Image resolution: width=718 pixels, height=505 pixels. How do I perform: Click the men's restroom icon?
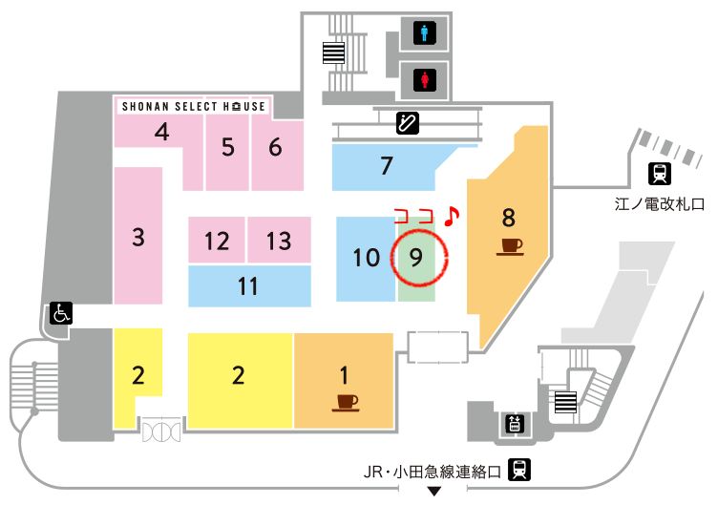pyautogui.click(x=425, y=34)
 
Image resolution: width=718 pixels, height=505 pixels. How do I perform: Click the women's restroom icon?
pyautogui.click(x=425, y=78)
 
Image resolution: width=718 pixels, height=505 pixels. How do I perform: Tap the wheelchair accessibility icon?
pyautogui.click(x=60, y=313)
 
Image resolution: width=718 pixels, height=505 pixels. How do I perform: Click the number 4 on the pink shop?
pyautogui.click(x=162, y=133)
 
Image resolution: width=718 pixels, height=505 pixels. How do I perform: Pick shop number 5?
pyautogui.click(x=227, y=147)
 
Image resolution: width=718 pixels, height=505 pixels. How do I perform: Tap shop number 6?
pyautogui.click(x=275, y=147)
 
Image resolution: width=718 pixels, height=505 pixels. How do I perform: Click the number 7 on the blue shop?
pyautogui.click(x=386, y=166)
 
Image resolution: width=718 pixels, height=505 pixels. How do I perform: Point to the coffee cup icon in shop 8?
pyautogui.click(x=510, y=247)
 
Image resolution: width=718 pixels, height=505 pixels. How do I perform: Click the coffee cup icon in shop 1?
pyautogui.click(x=346, y=401)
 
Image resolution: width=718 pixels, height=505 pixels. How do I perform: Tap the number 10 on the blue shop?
pyautogui.click(x=367, y=258)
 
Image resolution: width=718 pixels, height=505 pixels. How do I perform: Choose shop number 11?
pyautogui.click(x=249, y=286)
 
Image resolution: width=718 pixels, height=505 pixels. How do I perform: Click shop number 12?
pyautogui.click(x=217, y=241)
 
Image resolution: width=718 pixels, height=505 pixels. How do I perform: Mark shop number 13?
pyautogui.click(x=279, y=240)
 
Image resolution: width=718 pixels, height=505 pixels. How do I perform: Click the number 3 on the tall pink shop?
pyautogui.click(x=138, y=236)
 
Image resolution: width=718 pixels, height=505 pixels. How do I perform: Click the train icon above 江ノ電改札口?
pyautogui.click(x=658, y=175)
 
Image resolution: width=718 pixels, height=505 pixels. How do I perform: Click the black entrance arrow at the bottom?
pyautogui.click(x=434, y=492)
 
